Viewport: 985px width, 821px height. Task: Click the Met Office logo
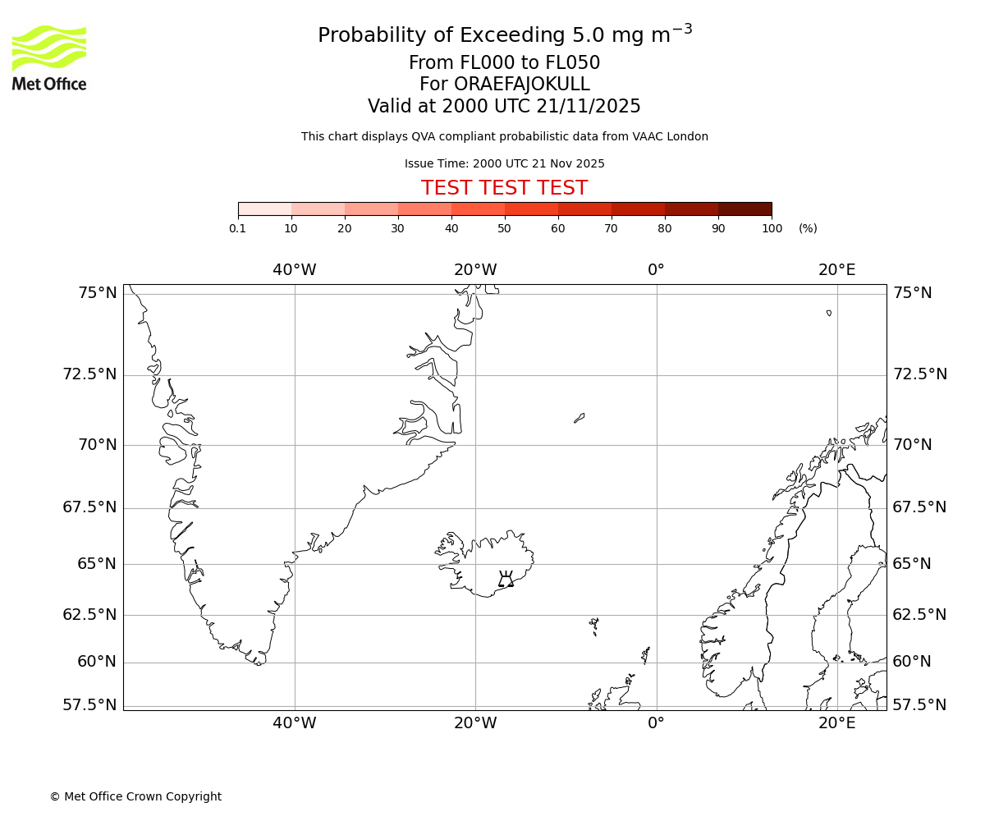[x=49, y=57]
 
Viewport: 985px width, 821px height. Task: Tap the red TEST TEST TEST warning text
[x=504, y=188]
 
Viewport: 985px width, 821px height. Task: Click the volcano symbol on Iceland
[x=506, y=579]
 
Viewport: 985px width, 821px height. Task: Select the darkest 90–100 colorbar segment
[x=744, y=209]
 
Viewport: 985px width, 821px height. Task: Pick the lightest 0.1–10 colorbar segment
[x=264, y=209]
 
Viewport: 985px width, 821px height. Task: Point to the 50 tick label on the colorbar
[x=504, y=228]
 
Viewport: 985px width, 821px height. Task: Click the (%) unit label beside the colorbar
[x=808, y=228]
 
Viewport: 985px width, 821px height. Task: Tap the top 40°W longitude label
[x=295, y=270]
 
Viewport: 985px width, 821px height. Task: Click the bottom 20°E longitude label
[x=836, y=722]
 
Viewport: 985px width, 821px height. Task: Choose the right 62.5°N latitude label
[x=919, y=615]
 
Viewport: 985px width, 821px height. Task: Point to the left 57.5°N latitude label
[x=90, y=704]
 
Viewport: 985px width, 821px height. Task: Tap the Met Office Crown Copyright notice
[x=135, y=796]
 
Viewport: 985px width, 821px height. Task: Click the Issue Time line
[x=504, y=163]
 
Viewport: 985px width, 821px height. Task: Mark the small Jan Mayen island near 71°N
[x=579, y=418]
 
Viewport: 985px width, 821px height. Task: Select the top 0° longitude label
[x=656, y=270]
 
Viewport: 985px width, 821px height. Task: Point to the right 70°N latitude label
[x=913, y=445]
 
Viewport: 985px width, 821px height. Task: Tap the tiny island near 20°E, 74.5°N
[x=829, y=313]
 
